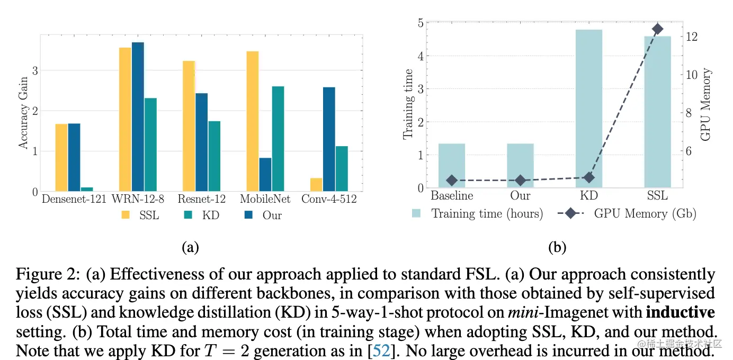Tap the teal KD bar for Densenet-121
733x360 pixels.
click(87, 189)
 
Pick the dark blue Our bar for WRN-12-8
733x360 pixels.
click(138, 116)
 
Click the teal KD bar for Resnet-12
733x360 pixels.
click(214, 156)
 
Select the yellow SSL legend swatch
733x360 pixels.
click(126, 215)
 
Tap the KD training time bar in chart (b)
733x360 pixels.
click(589, 108)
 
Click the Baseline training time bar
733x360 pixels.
click(452, 165)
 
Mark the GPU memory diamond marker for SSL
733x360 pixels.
click(657, 29)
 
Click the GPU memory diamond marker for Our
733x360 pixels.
click(520, 181)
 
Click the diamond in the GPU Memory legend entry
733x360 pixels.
click(570, 213)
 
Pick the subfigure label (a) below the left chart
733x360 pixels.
click(190, 247)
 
